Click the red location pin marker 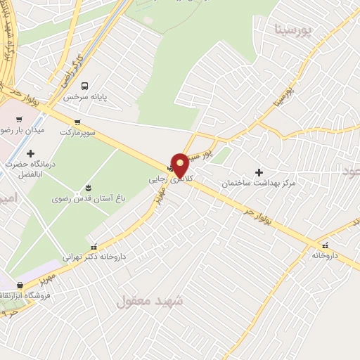pos(180,165)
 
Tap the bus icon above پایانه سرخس pos(85,86)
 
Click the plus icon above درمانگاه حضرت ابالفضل pos(30,154)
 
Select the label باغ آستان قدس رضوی pos(87,198)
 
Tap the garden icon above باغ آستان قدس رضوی pos(88,187)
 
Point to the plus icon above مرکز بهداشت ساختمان pos(259,172)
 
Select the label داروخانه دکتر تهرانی pos(94,257)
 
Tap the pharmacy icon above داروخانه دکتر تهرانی pos(94,246)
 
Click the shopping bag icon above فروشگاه pos(20,285)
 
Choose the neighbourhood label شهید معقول pos(149,302)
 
